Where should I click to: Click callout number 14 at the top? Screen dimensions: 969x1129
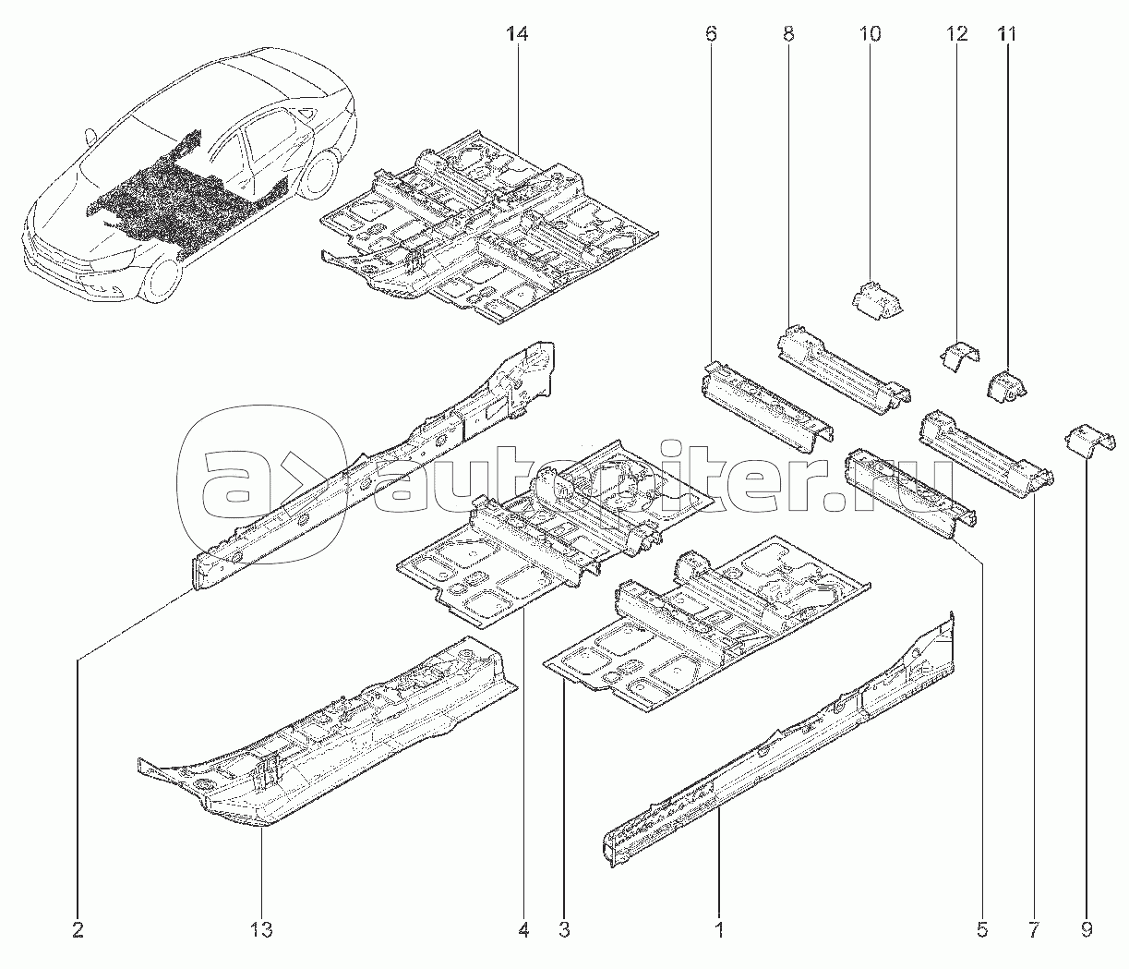[x=517, y=35]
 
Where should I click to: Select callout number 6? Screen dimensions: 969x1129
[x=710, y=35]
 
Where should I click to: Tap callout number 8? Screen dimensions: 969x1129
[x=787, y=35]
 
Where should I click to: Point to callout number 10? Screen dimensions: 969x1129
[x=870, y=35]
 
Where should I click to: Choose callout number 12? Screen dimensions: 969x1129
[x=956, y=35]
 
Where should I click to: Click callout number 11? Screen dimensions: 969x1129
[x=1005, y=35]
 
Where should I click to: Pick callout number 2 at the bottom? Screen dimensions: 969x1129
[x=78, y=929]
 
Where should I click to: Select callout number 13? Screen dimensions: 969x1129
[x=262, y=929]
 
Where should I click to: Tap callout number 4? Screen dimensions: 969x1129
[x=523, y=929]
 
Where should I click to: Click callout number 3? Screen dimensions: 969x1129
[x=563, y=929]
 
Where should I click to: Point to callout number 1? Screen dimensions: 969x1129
[x=719, y=929]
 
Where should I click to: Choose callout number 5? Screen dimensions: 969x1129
[x=981, y=929]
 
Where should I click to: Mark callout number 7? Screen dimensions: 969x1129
[x=1033, y=929]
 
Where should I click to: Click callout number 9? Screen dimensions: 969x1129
[x=1086, y=929]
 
